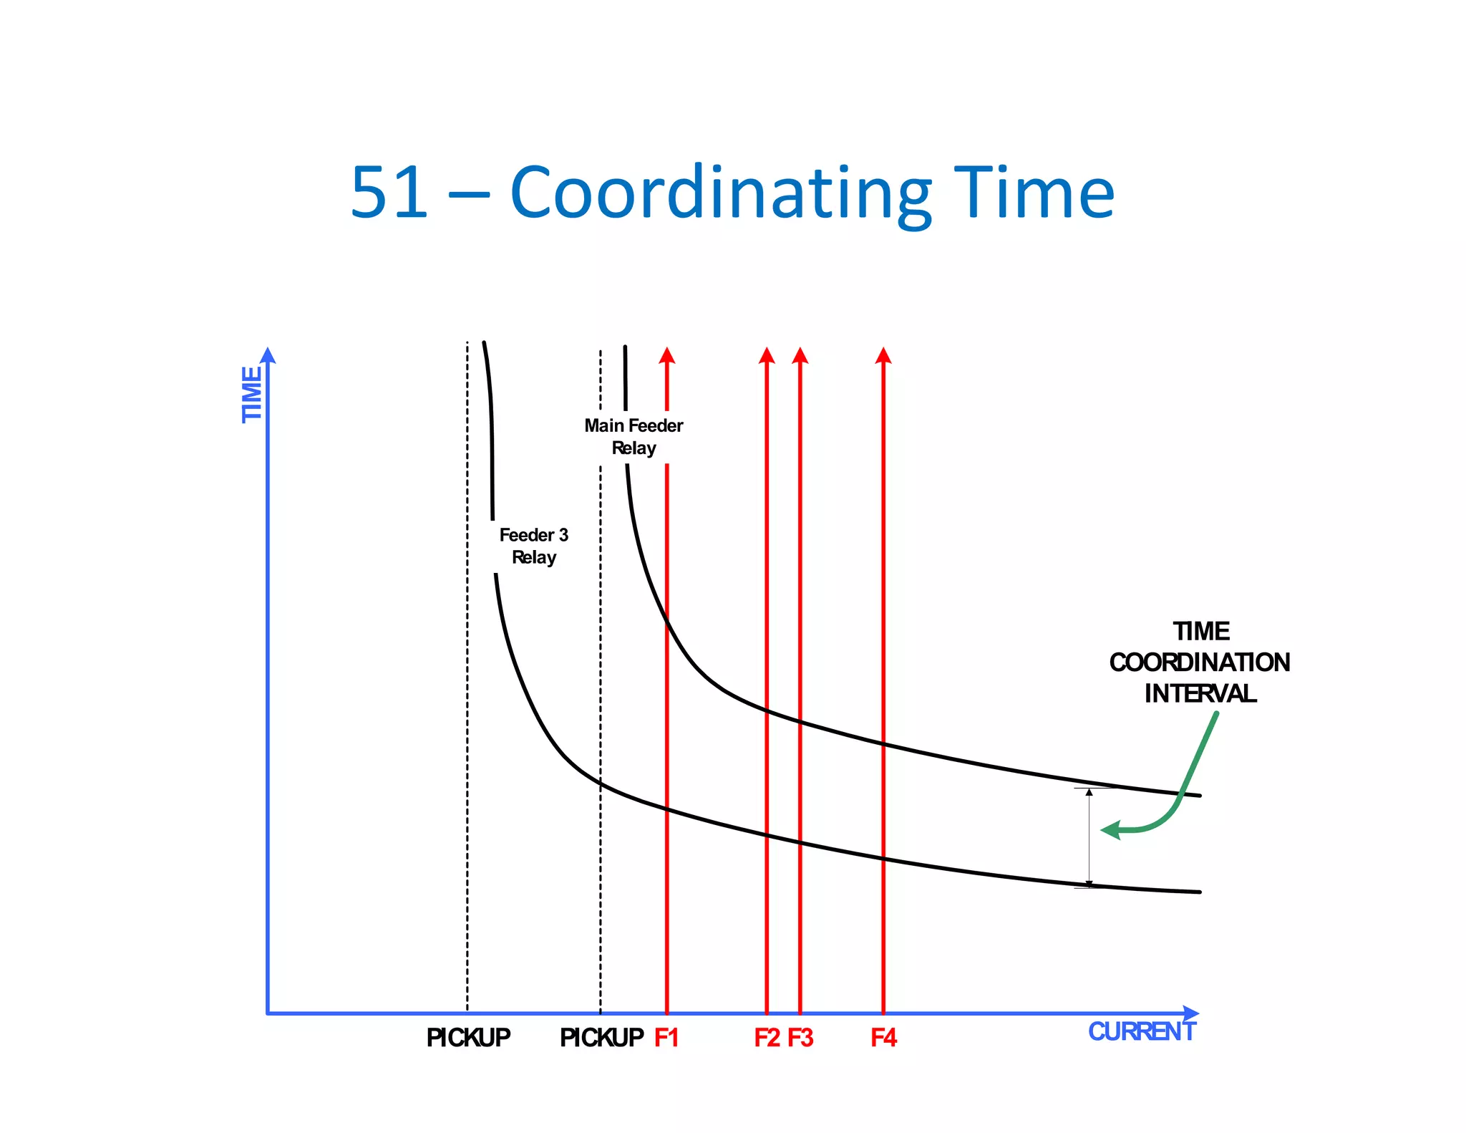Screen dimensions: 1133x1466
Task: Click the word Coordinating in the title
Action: coord(720,193)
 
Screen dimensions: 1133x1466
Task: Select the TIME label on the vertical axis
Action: coord(252,394)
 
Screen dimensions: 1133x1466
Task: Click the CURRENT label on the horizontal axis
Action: coord(1142,1031)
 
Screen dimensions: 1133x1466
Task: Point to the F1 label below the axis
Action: coord(666,1038)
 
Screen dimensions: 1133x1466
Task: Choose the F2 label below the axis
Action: coord(767,1038)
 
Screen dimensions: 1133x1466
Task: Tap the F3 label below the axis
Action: coord(800,1038)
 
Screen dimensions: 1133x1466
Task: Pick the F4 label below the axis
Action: coord(883,1038)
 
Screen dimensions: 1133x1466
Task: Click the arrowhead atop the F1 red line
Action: coord(667,355)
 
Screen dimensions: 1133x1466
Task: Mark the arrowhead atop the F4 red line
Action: coord(883,355)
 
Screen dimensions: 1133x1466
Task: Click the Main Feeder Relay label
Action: coord(634,437)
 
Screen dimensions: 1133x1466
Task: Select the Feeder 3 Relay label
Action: coord(534,546)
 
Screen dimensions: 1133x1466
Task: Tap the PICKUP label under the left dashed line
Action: coord(468,1038)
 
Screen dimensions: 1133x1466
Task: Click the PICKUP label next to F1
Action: coord(601,1038)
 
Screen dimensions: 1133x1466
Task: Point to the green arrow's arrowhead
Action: coord(1110,830)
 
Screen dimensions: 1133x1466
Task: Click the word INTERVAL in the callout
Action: coord(1200,693)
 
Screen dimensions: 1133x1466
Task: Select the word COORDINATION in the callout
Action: coord(1200,662)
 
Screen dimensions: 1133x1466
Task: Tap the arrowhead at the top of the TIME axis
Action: coord(268,356)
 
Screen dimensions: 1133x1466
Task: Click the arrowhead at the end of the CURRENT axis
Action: coord(1191,1013)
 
